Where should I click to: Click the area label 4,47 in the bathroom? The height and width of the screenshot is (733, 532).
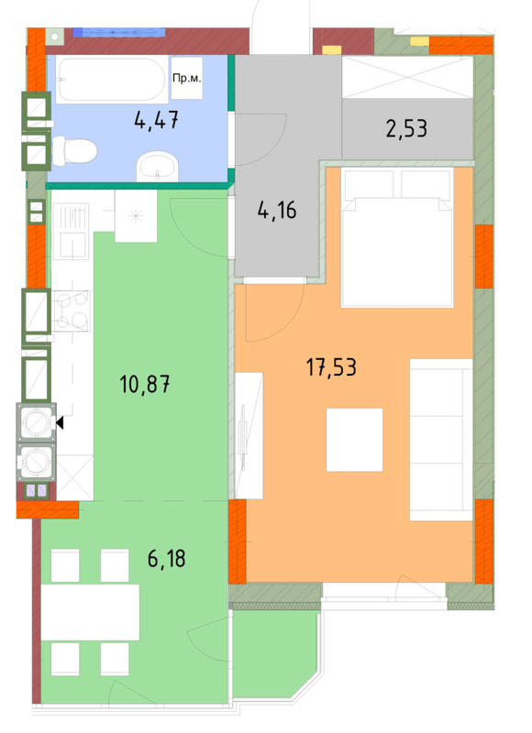155,119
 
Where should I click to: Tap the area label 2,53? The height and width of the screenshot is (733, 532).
406,128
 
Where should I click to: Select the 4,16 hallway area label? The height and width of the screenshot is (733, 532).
276,211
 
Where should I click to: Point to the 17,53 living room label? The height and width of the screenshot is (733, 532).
330,368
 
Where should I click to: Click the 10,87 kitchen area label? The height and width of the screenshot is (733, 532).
146,383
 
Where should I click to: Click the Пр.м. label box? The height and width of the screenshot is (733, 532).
186,80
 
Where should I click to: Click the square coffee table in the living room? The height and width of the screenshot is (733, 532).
354,440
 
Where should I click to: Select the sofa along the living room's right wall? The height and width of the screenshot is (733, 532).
440,433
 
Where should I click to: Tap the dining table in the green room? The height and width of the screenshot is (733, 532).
90,611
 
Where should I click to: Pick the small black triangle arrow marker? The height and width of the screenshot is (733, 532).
61,423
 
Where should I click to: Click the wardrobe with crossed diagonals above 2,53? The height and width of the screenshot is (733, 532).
407,74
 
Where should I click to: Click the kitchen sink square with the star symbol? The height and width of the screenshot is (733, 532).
135,218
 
